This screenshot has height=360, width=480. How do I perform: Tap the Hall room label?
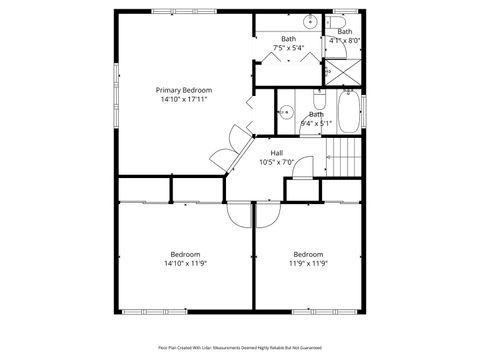click(276, 152)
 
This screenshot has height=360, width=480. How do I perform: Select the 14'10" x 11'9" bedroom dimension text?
click(185, 263)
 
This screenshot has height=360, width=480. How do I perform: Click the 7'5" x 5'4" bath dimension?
click(288, 48)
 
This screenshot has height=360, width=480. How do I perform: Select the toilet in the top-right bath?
click(338, 21)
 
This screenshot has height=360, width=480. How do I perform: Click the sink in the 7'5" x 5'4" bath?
click(310, 21)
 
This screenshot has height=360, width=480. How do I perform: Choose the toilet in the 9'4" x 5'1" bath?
click(318, 100)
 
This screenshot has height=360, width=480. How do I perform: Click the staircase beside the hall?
click(344, 158)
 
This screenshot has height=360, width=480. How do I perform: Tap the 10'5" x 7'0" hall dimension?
click(276, 162)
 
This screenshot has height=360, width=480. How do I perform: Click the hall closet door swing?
click(300, 189)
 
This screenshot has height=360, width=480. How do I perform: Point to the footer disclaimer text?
click(239, 347)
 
